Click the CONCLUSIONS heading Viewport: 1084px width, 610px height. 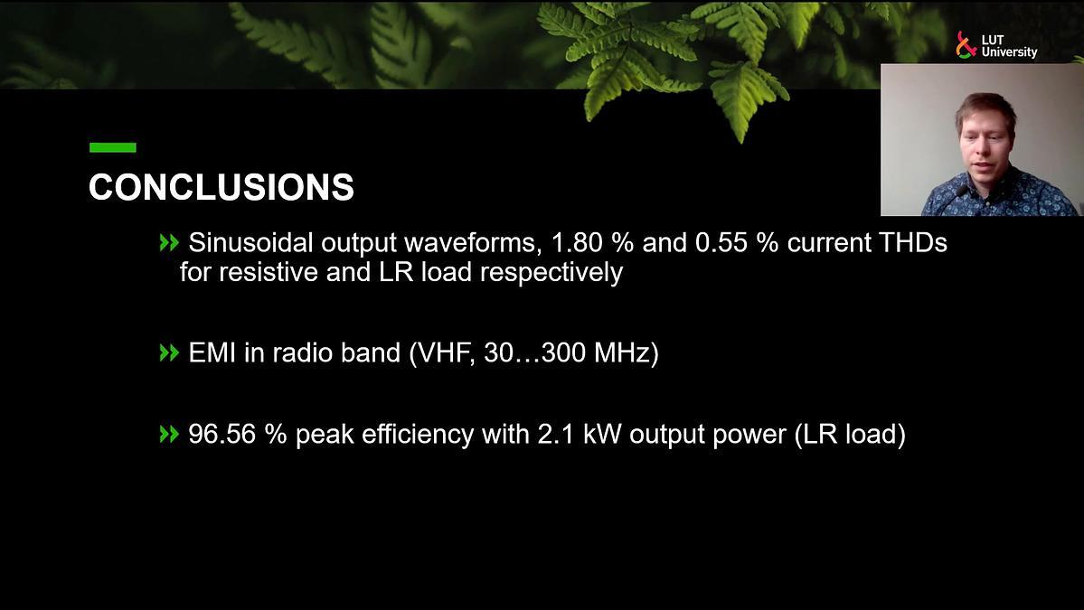(222, 187)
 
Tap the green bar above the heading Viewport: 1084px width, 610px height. (113, 147)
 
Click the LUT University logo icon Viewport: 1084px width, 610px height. (965, 45)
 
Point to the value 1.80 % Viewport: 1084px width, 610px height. (592, 242)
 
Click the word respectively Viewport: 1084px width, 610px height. (551, 272)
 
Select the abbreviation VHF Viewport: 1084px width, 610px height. (446, 353)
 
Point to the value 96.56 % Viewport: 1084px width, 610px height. (237, 435)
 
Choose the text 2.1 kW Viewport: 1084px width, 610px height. (580, 435)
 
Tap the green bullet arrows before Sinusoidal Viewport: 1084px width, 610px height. (169, 242)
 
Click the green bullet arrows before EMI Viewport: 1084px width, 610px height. (169, 353)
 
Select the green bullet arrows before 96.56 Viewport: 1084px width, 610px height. (169, 435)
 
